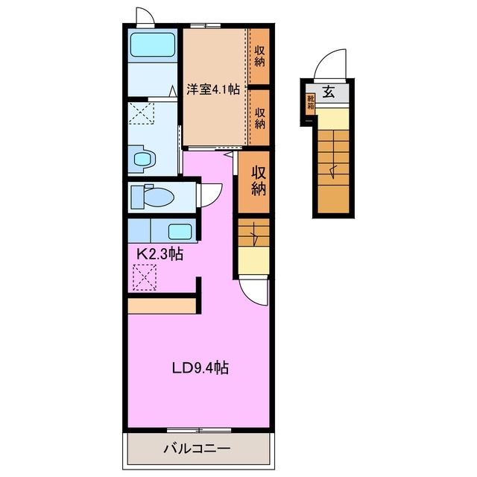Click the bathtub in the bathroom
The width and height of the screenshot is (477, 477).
(153, 45)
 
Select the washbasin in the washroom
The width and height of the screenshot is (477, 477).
(142, 159)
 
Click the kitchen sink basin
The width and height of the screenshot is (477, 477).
(180, 232)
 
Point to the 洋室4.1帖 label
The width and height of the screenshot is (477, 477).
(213, 89)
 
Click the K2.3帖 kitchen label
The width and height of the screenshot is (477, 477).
(159, 253)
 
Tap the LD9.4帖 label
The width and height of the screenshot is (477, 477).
(200, 367)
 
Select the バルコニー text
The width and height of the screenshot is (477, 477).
(197, 448)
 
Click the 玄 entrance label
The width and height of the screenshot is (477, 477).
(329, 92)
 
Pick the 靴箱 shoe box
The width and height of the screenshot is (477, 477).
(310, 104)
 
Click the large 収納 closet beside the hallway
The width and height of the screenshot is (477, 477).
(253, 182)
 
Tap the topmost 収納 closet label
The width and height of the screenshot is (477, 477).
(259, 56)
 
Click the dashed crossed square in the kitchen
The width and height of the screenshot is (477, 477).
(145, 277)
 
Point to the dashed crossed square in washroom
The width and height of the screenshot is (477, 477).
(141, 113)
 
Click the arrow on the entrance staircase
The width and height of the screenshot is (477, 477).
(333, 171)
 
